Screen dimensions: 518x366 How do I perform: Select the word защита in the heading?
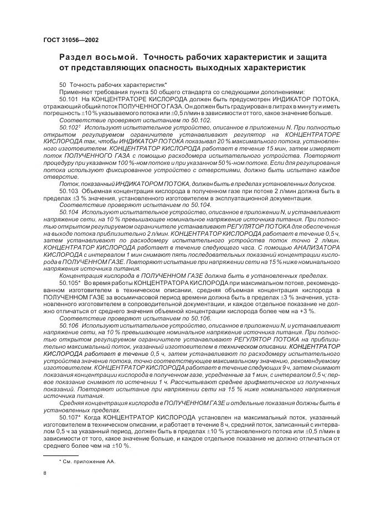point(308,58)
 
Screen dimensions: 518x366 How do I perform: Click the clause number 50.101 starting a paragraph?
point(69,99)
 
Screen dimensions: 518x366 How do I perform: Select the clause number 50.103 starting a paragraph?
point(69,190)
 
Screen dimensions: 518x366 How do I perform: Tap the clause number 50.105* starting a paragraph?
point(70,283)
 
